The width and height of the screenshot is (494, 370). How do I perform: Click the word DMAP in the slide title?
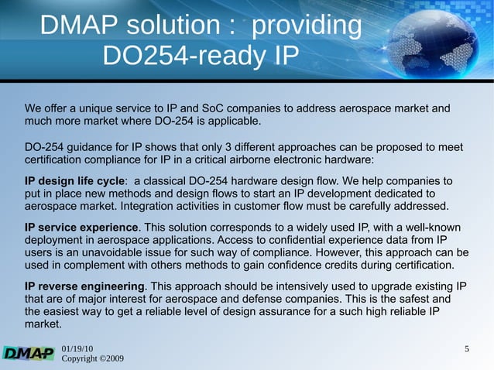tap(77, 26)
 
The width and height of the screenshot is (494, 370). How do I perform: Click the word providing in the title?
tap(307, 26)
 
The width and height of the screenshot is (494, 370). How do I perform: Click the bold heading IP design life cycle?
tap(74, 180)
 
